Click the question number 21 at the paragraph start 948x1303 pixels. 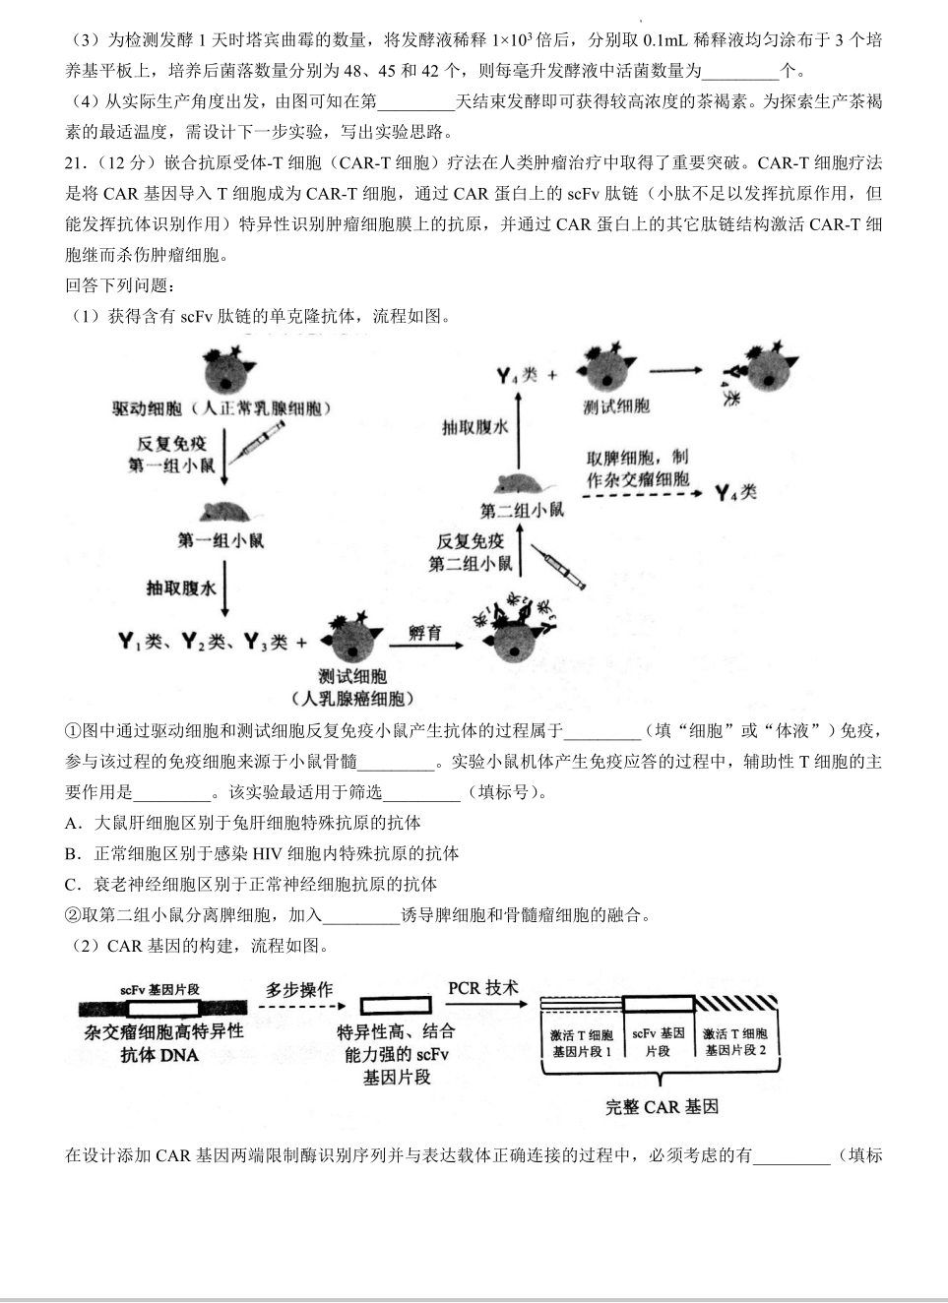(76, 163)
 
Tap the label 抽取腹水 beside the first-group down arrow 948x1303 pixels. (180, 588)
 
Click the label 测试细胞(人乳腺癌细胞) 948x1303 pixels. (352, 688)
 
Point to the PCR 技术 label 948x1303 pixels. (482, 987)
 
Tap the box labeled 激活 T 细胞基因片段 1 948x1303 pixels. (581, 1042)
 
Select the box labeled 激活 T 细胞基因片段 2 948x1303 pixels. (734, 1042)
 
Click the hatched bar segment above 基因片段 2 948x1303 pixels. (735, 1004)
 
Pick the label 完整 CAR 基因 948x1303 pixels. (662, 1106)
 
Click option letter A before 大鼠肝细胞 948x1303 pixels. (72, 823)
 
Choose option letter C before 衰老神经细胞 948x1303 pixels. (72, 884)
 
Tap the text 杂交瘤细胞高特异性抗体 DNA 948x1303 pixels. (162, 1043)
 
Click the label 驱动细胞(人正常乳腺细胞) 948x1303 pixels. (221, 408)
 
